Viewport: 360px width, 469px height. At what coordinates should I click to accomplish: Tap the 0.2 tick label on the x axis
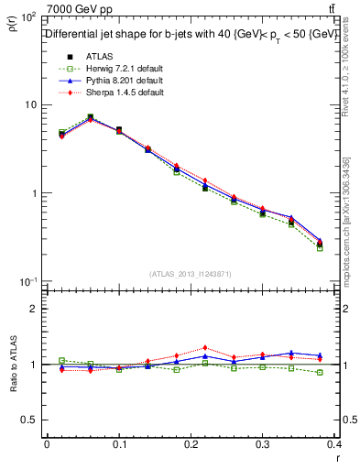click(191, 444)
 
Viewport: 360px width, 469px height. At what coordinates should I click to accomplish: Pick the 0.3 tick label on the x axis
click(263, 444)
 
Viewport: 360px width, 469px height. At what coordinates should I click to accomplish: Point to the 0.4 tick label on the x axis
click(333, 444)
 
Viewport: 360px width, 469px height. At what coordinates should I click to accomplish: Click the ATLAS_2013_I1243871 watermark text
click(191, 274)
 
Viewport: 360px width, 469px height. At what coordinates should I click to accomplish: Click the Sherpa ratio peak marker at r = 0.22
click(205, 348)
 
